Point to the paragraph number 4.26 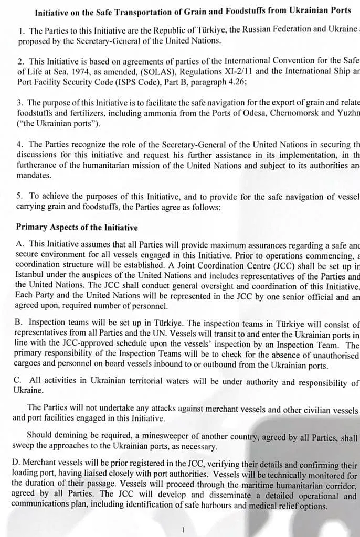[231, 82]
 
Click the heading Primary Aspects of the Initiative [77, 228]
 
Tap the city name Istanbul [31, 276]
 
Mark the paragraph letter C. [17, 380]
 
